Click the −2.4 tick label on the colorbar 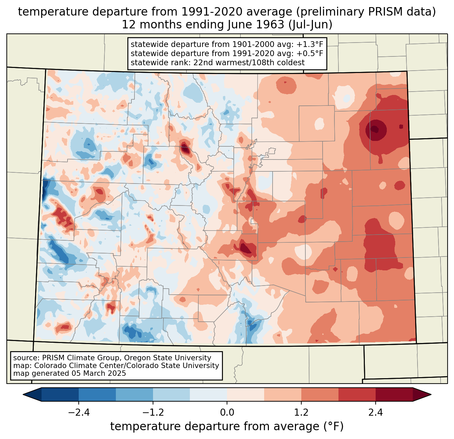[79, 413]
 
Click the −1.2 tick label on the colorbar [153, 413]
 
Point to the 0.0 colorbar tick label [227, 413]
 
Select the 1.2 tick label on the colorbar [301, 413]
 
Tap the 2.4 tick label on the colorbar [375, 413]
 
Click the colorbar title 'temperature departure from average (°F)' [227, 426]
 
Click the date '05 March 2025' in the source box [99, 373]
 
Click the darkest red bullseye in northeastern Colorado [375, 129]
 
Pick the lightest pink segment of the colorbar [246, 394]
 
